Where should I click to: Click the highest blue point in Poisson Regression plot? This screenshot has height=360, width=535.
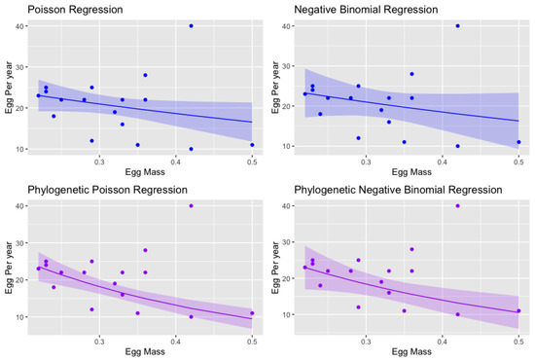pos(191,25)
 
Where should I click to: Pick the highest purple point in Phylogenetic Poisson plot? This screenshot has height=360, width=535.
pos(191,205)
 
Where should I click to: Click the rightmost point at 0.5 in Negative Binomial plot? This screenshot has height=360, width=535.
pos(518,142)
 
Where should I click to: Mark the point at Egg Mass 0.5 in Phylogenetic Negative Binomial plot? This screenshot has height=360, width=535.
pos(518,311)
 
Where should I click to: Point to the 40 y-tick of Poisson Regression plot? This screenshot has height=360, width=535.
pos(24,26)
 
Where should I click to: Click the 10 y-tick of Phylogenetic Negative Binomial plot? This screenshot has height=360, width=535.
pos(291,316)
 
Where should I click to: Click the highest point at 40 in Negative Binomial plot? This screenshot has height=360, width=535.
pos(457,25)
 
